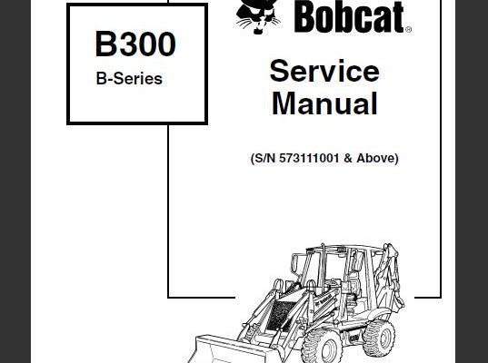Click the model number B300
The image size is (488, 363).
click(135, 44)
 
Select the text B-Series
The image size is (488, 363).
click(129, 79)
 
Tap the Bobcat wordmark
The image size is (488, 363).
click(349, 16)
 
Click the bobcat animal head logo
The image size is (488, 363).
click(258, 16)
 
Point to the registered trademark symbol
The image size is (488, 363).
click(408, 30)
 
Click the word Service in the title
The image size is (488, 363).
click(324, 71)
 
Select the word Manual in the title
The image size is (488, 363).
click(324, 103)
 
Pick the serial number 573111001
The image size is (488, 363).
click(309, 158)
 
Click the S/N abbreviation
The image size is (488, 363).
click(264, 159)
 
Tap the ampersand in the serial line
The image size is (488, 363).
click(348, 158)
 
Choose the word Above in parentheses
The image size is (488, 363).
click(375, 158)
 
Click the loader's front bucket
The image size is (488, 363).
click(230, 349)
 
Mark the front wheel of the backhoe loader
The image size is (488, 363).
click(323, 347)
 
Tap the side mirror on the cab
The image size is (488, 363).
click(294, 263)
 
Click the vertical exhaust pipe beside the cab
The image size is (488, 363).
click(323, 264)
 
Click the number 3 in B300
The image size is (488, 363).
click(126, 44)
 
